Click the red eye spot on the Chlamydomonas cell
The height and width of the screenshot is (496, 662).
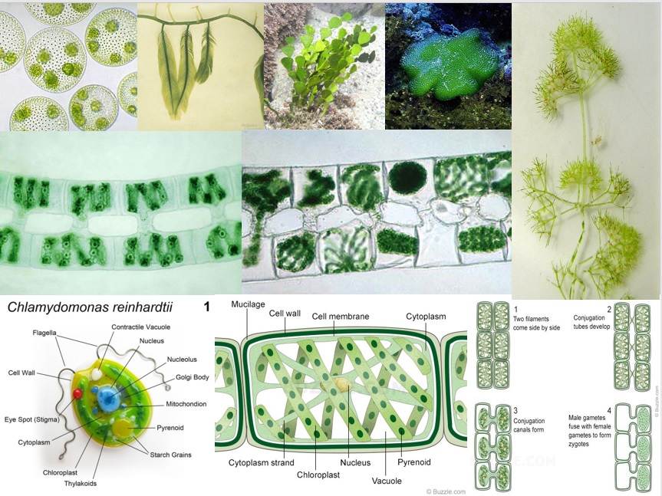tap(77, 394)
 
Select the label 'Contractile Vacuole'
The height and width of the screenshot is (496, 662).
tap(141, 327)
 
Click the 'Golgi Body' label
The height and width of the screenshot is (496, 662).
tap(192, 377)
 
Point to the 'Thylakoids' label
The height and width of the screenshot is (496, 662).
tap(81, 484)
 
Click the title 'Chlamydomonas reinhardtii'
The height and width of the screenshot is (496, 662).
tap(90, 307)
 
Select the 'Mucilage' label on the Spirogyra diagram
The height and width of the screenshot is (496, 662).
tap(248, 304)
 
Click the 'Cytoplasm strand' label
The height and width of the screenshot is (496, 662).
tap(262, 463)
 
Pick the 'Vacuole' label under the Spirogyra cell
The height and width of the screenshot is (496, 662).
tap(387, 481)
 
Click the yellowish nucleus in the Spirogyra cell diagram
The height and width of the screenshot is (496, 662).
tap(341, 385)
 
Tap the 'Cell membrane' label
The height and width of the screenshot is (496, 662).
tap(341, 317)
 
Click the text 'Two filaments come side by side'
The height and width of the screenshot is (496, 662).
tap(537, 323)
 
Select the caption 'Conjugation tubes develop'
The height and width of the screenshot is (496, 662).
tap(591, 322)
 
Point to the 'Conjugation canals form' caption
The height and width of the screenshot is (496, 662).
tap(529, 425)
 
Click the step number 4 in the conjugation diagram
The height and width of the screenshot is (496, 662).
tap(609, 410)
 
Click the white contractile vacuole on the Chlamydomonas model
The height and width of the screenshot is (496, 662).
tap(97, 375)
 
